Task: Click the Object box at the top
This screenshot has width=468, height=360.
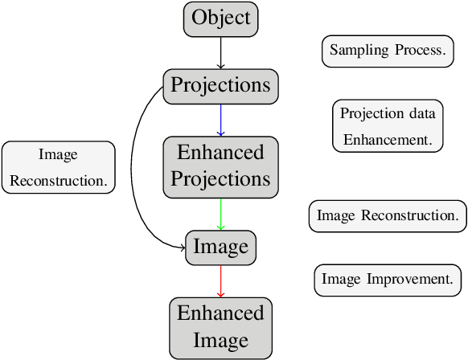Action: click(x=221, y=18)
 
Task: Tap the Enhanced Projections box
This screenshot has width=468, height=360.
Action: click(x=221, y=166)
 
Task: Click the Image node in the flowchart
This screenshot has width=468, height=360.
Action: click(x=221, y=247)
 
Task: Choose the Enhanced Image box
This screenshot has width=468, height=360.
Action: click(x=221, y=327)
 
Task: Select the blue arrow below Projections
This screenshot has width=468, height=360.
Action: click(x=221, y=120)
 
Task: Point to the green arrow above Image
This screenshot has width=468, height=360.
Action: click(x=221, y=213)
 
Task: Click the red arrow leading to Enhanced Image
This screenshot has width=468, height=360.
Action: click(x=221, y=280)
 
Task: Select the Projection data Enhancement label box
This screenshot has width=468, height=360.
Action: click(x=388, y=126)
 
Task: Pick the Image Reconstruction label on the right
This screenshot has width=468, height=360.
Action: click(x=388, y=215)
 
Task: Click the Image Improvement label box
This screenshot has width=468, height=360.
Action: click(x=388, y=279)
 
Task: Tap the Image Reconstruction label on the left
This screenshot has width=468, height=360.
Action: click(x=58, y=167)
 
